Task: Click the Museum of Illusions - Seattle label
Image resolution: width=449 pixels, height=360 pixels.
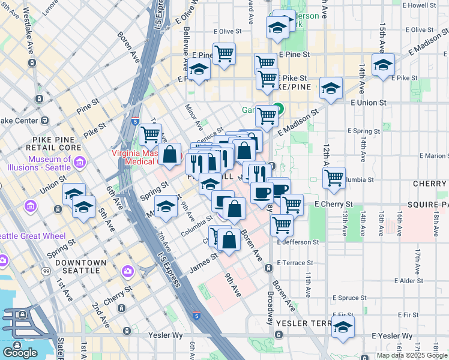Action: [49, 163]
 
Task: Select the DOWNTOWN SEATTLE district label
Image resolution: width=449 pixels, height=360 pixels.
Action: [80, 266]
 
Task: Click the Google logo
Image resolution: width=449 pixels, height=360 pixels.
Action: [20, 353]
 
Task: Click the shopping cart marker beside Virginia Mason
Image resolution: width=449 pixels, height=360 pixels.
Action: [151, 134]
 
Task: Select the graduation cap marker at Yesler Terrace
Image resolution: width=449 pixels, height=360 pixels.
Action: [343, 327]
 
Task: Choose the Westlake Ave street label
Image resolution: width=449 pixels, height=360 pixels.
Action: [29, 41]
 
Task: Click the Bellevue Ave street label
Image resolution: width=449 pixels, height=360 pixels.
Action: [187, 40]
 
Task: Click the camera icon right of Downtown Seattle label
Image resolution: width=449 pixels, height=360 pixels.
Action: [127, 272]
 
